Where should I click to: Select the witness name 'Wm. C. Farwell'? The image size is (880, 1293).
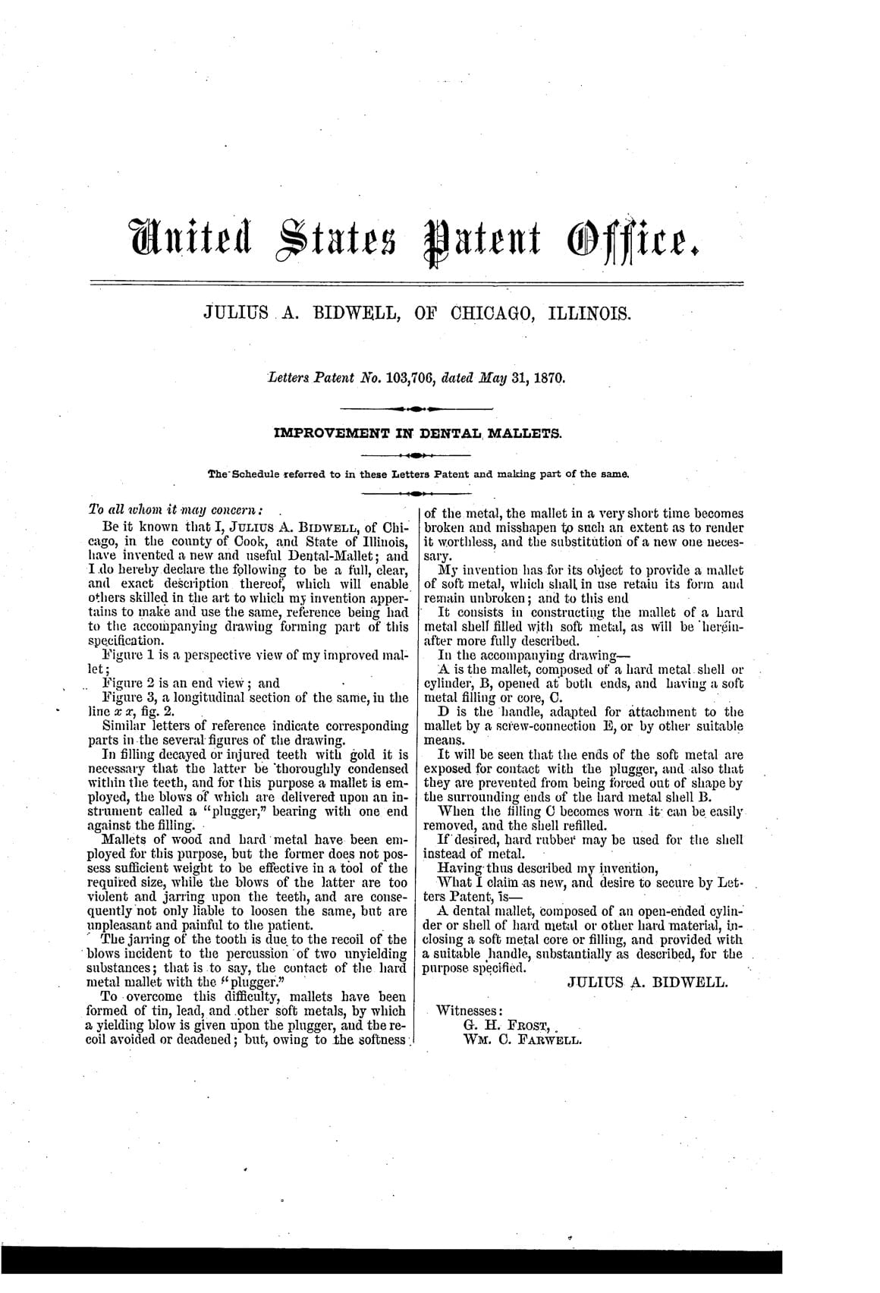click(x=521, y=1040)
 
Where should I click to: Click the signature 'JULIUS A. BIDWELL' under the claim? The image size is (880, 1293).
click(x=647, y=982)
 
